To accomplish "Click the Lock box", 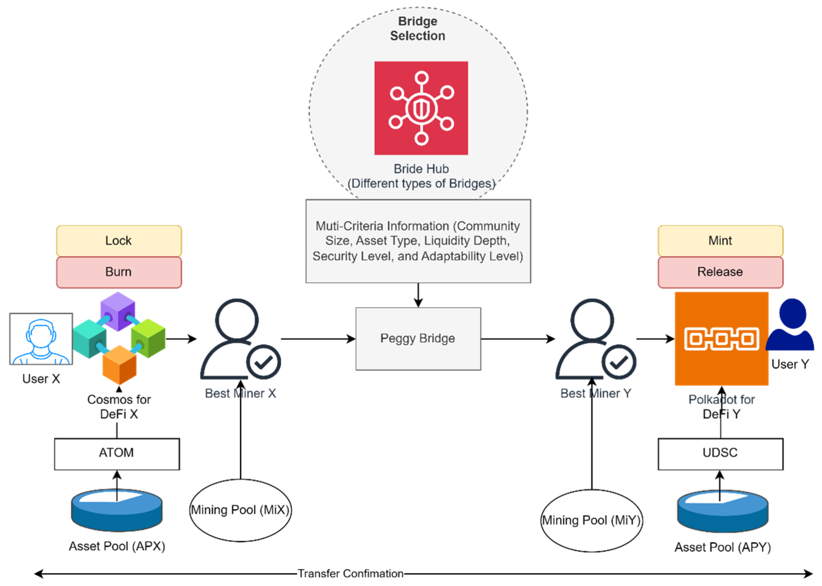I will [x=119, y=241].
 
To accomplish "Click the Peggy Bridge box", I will [x=418, y=338].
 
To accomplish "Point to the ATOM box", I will [x=117, y=454].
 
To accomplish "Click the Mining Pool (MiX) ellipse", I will [x=240, y=510].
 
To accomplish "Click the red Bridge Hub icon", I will [x=421, y=108].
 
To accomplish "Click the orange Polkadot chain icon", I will [x=721, y=338].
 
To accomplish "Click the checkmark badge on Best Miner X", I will [x=264, y=362].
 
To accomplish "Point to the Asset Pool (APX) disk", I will [x=117, y=510].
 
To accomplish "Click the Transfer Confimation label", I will [x=350, y=573].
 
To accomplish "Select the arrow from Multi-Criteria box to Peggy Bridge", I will [x=418, y=295].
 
